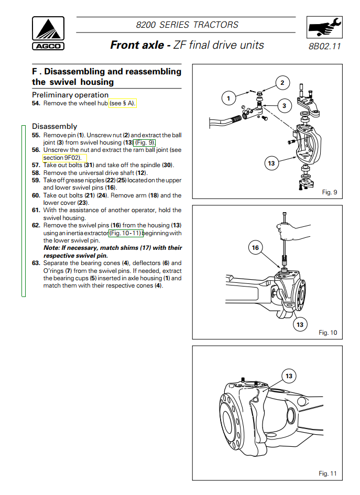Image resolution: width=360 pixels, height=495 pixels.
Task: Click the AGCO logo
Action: (x=48, y=33)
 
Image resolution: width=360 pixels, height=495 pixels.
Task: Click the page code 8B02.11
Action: (x=325, y=46)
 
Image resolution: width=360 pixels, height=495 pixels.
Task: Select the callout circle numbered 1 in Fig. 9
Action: (x=228, y=98)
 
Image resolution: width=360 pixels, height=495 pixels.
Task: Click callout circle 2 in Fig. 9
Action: (x=282, y=83)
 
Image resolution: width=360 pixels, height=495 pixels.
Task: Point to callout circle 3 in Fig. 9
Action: (x=284, y=106)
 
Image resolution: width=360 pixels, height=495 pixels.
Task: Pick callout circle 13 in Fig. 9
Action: (x=271, y=163)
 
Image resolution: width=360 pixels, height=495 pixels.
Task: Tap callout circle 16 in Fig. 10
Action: (x=255, y=248)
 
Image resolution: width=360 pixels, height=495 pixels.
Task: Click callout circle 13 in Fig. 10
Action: (x=300, y=325)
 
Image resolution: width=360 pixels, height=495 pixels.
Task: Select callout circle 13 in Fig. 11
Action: (x=289, y=376)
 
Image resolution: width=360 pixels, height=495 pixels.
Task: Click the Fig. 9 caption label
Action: (x=330, y=192)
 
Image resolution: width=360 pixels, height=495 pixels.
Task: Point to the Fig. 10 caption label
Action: (x=328, y=333)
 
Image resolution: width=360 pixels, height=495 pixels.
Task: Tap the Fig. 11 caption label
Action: (x=328, y=474)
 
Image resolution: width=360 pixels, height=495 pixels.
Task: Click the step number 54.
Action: (x=36, y=104)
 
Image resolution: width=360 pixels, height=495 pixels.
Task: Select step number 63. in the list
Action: (x=36, y=263)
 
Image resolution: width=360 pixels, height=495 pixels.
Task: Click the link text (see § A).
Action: (x=123, y=104)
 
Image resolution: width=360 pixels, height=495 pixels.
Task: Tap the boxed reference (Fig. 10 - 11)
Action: (x=126, y=233)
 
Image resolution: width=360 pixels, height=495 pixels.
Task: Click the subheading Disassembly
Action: (x=54, y=126)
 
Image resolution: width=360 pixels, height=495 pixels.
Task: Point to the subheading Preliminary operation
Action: (x=70, y=95)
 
